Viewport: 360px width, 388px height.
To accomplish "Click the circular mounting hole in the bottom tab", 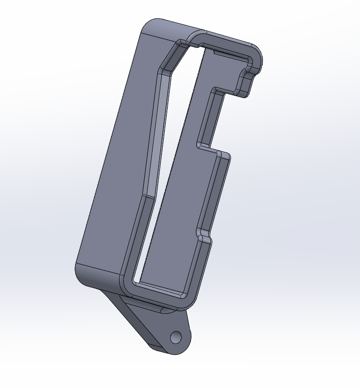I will [175, 337].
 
